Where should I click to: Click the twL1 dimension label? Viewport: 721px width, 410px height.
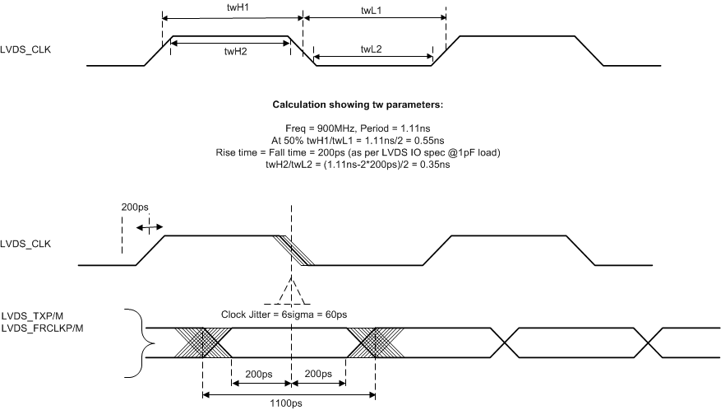point(374,8)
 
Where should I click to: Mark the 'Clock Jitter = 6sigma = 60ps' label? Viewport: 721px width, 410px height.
point(284,314)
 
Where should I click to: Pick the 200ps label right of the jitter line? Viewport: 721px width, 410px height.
point(317,374)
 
